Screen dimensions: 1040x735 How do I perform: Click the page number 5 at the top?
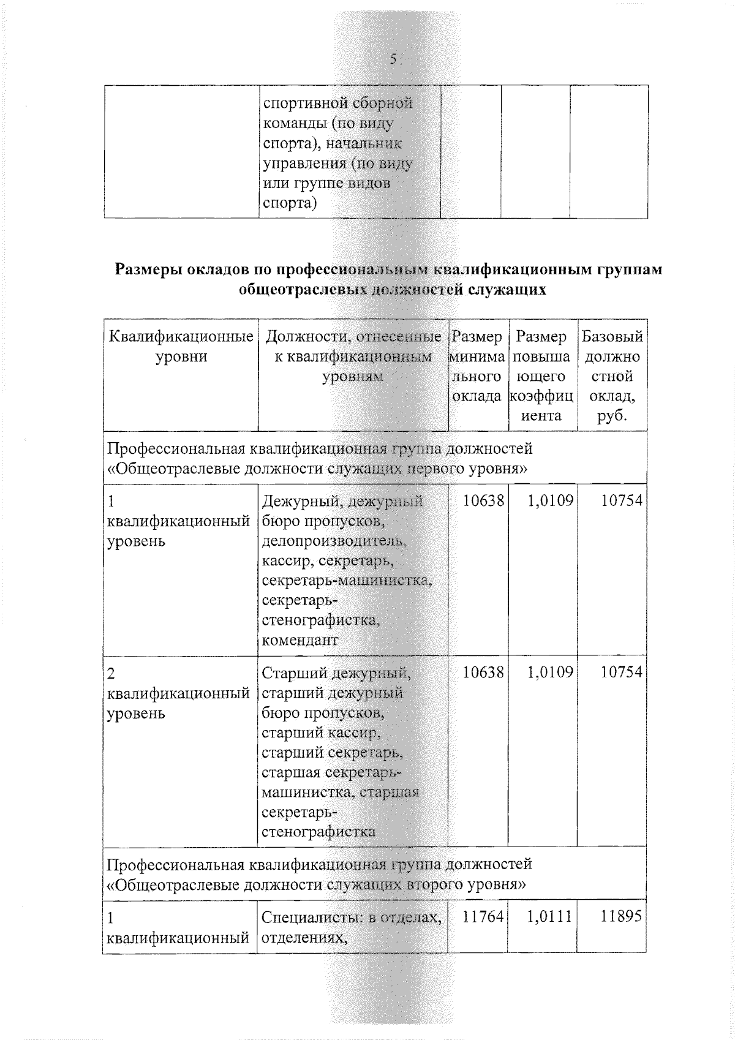[393, 59]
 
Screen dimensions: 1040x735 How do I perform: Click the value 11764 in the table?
[483, 916]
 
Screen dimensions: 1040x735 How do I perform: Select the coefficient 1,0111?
[550, 916]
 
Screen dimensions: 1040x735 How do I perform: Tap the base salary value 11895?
[621, 916]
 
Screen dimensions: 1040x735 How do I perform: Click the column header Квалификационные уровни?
[181, 347]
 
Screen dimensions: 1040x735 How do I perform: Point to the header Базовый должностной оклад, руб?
[612, 375]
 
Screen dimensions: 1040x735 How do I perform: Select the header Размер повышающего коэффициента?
[541, 375]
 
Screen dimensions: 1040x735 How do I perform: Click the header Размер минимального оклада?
[477, 366]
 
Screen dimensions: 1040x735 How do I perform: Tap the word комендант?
[300, 641]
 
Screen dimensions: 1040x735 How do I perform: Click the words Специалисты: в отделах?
[352, 918]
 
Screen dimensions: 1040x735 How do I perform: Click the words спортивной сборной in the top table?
[337, 103]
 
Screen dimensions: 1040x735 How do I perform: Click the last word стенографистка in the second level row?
[318, 832]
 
